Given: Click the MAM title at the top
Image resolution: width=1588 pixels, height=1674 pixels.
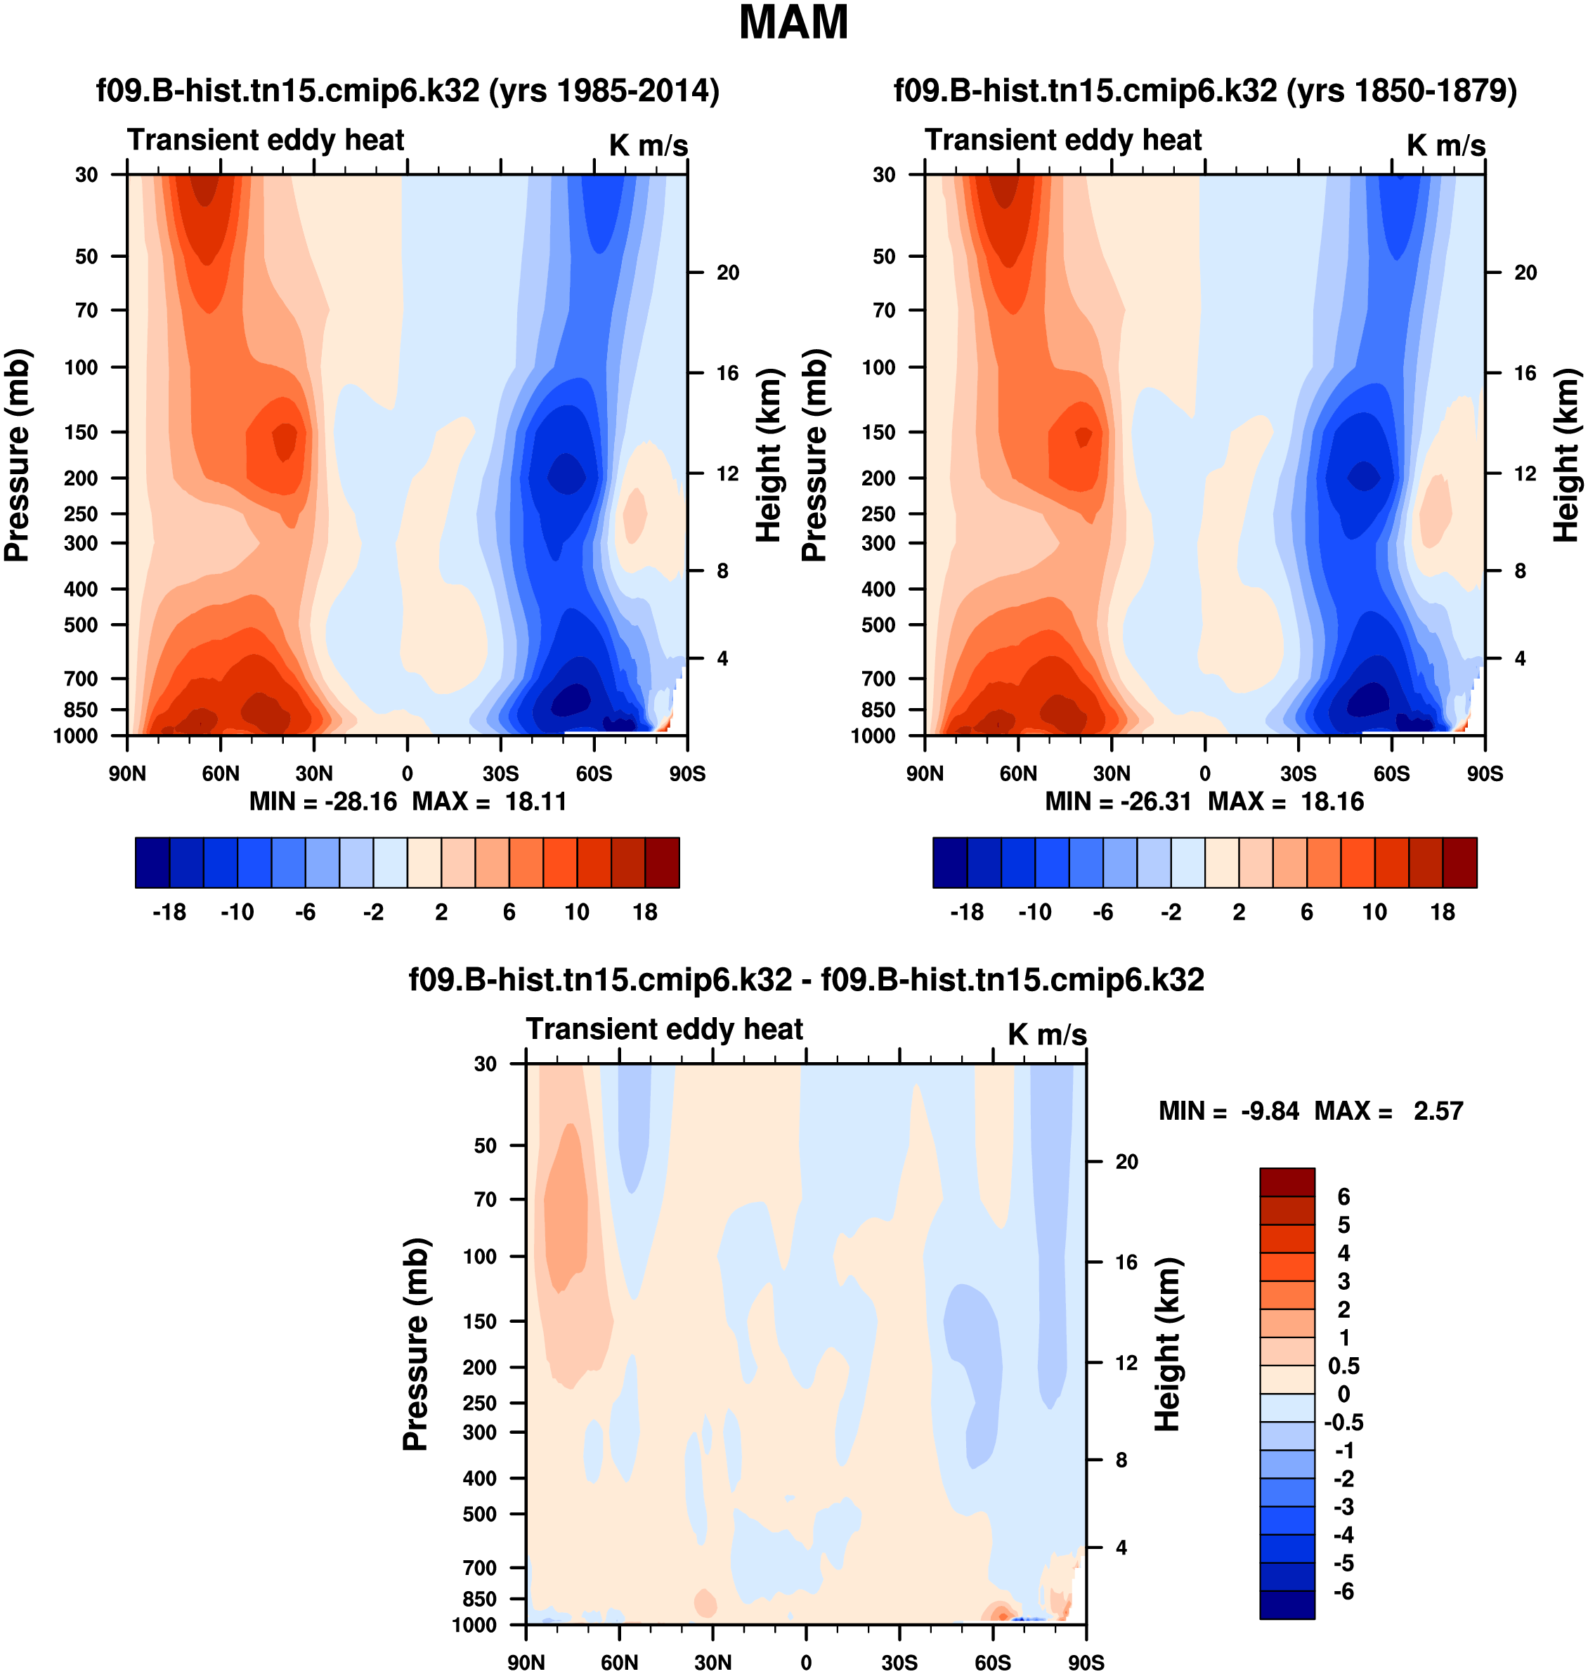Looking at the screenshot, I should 793,24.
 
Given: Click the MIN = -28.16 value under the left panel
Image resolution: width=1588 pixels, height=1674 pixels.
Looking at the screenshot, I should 323,802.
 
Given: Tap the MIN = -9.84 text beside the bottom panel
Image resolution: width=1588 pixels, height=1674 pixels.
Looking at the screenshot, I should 1228,1111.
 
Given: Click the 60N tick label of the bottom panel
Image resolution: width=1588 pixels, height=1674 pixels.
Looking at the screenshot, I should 620,1661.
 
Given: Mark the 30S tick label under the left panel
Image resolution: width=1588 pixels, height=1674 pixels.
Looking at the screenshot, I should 500,773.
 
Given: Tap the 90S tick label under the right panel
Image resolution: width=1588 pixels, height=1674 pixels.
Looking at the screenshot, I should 1485,773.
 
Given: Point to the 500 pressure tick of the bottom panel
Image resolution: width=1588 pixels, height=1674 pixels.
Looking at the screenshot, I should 480,1514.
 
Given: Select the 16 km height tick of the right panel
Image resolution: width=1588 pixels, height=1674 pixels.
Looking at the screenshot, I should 1525,373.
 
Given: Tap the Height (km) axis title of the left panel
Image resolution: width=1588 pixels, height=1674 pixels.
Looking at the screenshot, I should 768,455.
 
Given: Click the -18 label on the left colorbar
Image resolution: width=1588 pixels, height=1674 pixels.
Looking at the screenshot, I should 169,913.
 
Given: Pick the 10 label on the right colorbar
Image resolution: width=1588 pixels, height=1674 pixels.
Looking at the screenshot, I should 1374,913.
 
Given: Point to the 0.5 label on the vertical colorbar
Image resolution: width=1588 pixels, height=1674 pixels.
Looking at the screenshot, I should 1344,1366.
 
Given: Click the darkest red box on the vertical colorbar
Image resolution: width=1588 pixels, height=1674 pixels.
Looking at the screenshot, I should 1287,1182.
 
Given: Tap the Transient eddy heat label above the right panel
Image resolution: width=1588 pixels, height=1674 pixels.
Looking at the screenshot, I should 1063,140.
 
